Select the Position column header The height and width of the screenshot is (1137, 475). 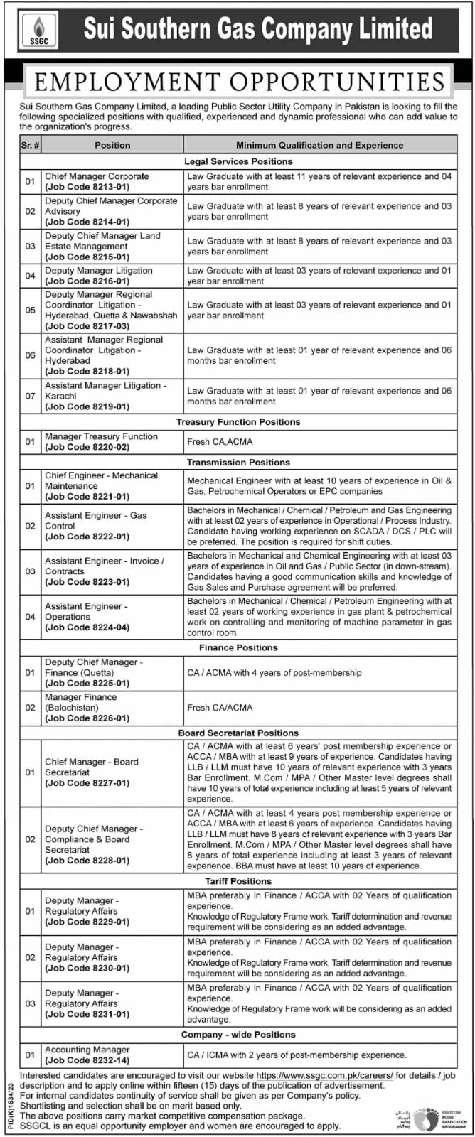[112, 145]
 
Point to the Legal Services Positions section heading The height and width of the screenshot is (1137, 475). [238, 161]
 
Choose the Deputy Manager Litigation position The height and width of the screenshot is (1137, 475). [99, 271]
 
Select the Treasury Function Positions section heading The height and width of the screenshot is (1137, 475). [238, 422]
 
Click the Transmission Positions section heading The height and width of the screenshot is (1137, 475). [238, 463]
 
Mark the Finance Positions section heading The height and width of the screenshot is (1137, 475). [238, 647]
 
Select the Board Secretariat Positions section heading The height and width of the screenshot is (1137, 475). [238, 733]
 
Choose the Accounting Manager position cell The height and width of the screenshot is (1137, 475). [87, 1050]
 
